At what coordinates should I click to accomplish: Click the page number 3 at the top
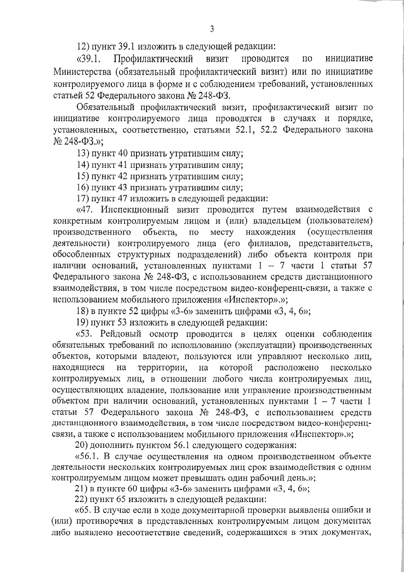coord(212,29)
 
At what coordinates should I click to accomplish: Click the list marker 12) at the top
coord(82,47)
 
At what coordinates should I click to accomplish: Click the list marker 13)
coord(82,154)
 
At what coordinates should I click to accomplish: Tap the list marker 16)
coord(82,188)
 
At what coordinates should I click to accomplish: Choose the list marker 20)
coord(82,446)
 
